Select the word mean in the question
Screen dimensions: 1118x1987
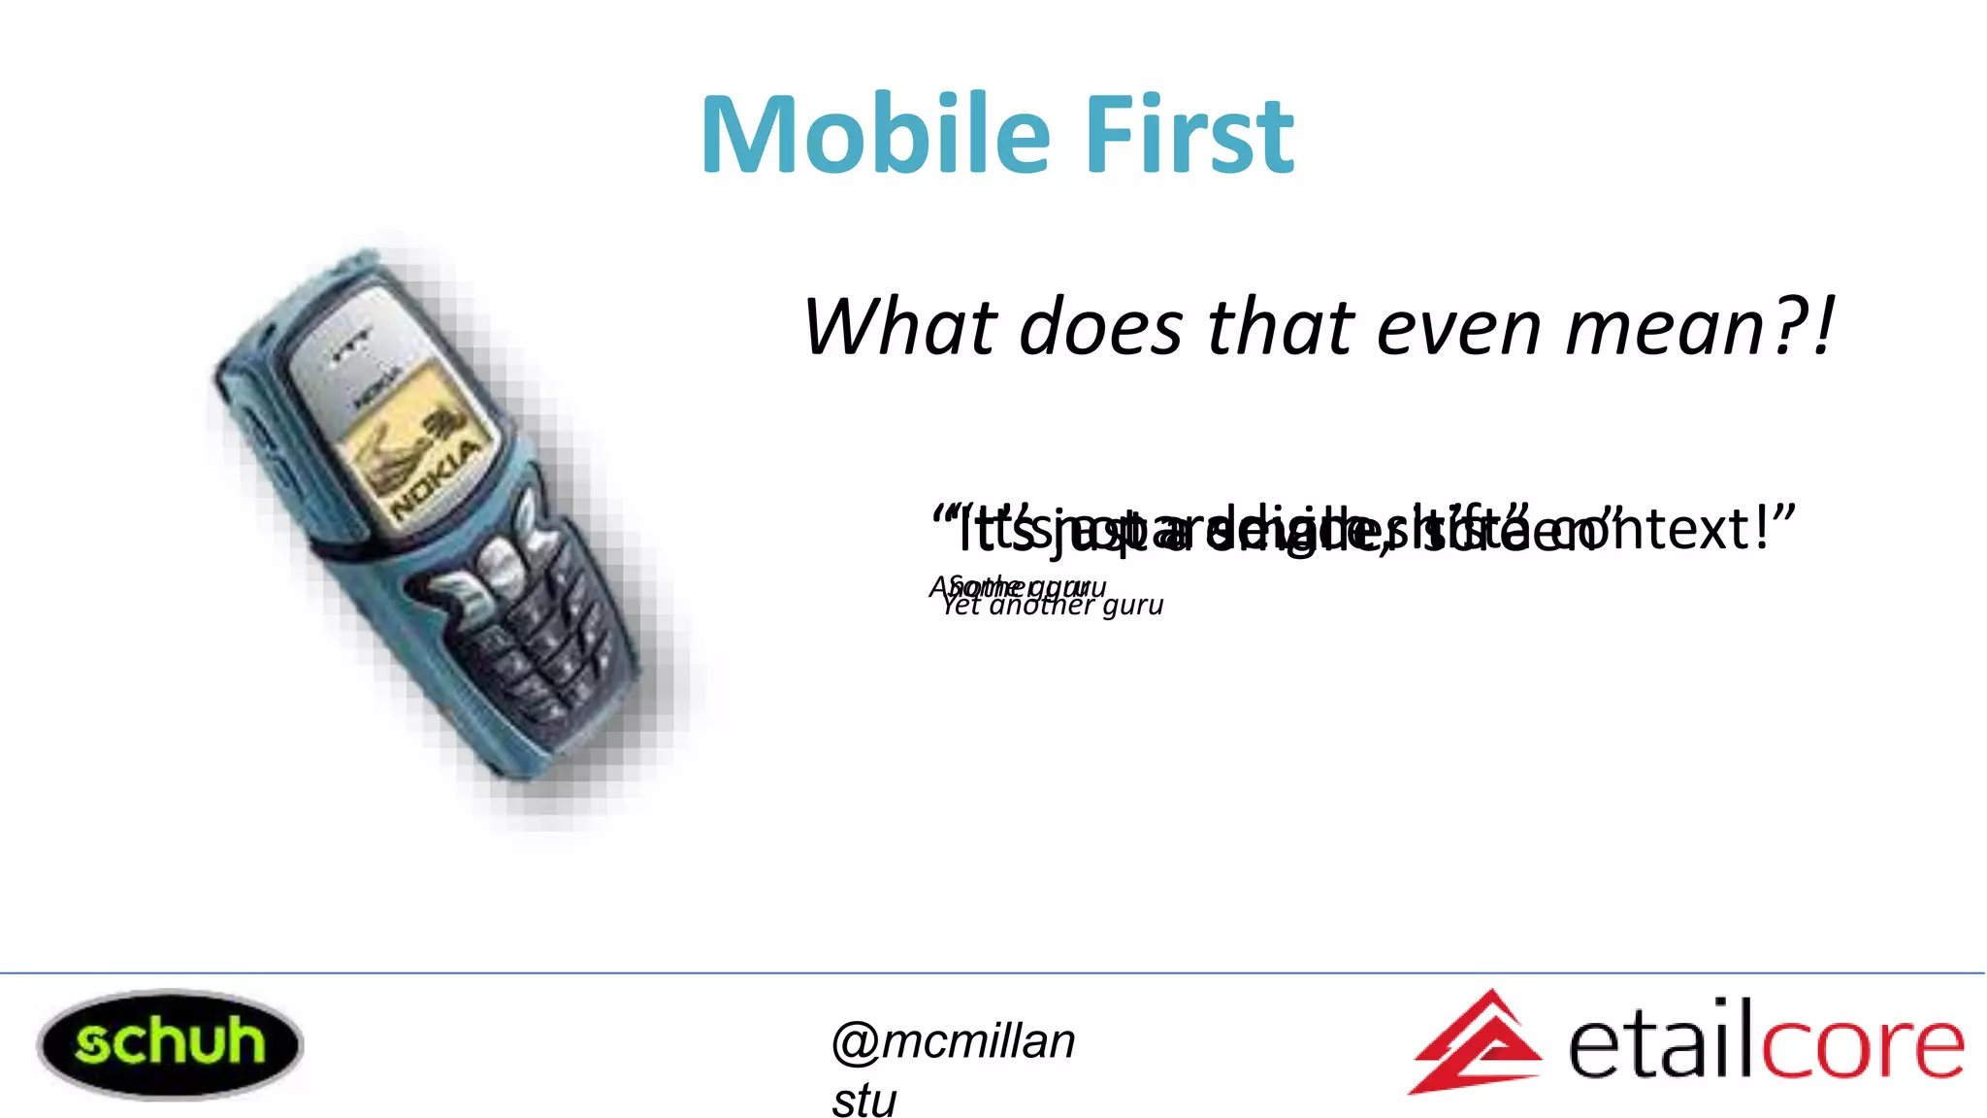pos(1667,327)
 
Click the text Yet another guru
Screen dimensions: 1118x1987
pos(1053,607)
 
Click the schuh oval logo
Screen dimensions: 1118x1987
pos(170,1044)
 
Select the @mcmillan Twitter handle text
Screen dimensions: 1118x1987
pos(954,1041)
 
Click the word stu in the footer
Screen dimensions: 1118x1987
pos(863,1101)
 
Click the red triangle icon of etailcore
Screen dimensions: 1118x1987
pos(1475,1043)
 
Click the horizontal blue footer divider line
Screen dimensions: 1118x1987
pos(993,972)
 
